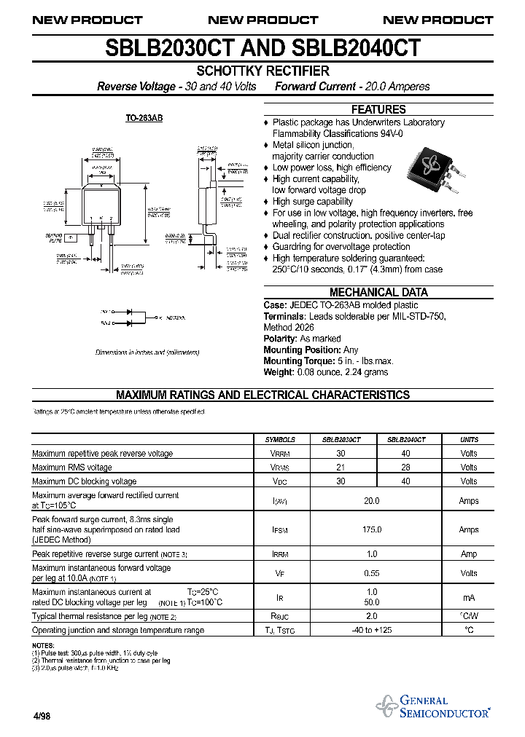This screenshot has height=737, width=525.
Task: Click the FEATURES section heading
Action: point(378,109)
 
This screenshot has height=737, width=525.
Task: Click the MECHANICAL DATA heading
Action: point(378,292)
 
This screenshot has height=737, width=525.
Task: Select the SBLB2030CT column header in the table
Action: point(341,440)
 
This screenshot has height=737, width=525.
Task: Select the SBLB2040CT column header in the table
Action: point(406,440)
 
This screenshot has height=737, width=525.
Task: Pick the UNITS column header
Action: point(469,440)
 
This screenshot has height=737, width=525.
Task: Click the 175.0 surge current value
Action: point(372,529)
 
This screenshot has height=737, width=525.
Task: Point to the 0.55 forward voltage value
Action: point(372,573)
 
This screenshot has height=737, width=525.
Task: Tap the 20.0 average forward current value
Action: point(372,500)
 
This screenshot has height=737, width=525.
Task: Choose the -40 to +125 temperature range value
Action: point(372,630)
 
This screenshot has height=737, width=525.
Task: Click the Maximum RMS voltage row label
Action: point(72,468)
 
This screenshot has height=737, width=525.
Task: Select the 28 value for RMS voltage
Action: point(406,468)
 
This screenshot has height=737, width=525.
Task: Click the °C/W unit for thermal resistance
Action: point(469,616)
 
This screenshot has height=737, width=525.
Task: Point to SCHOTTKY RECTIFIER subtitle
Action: point(262,71)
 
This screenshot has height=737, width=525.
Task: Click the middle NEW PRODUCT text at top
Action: point(262,20)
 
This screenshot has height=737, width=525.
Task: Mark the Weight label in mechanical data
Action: point(279,372)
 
